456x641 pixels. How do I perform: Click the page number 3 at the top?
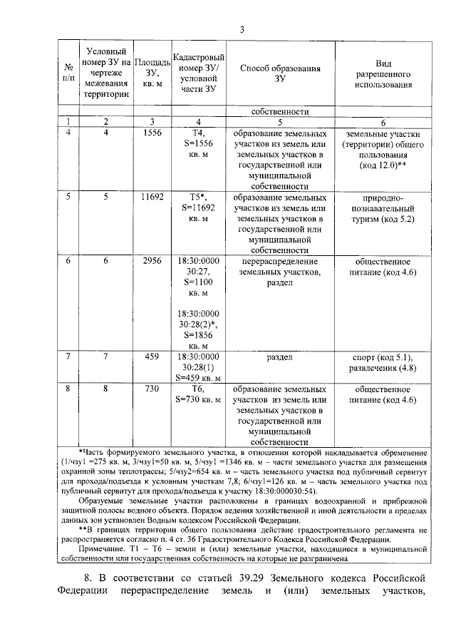point(242,29)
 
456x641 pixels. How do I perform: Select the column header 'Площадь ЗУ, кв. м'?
point(151,73)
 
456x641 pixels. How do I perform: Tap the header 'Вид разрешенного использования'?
point(384,73)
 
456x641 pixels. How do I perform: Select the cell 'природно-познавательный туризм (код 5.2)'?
point(384,207)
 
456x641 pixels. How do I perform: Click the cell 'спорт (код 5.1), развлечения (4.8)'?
point(384,362)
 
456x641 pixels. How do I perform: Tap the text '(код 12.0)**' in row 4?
point(384,165)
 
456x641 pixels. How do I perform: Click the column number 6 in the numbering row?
point(384,122)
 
